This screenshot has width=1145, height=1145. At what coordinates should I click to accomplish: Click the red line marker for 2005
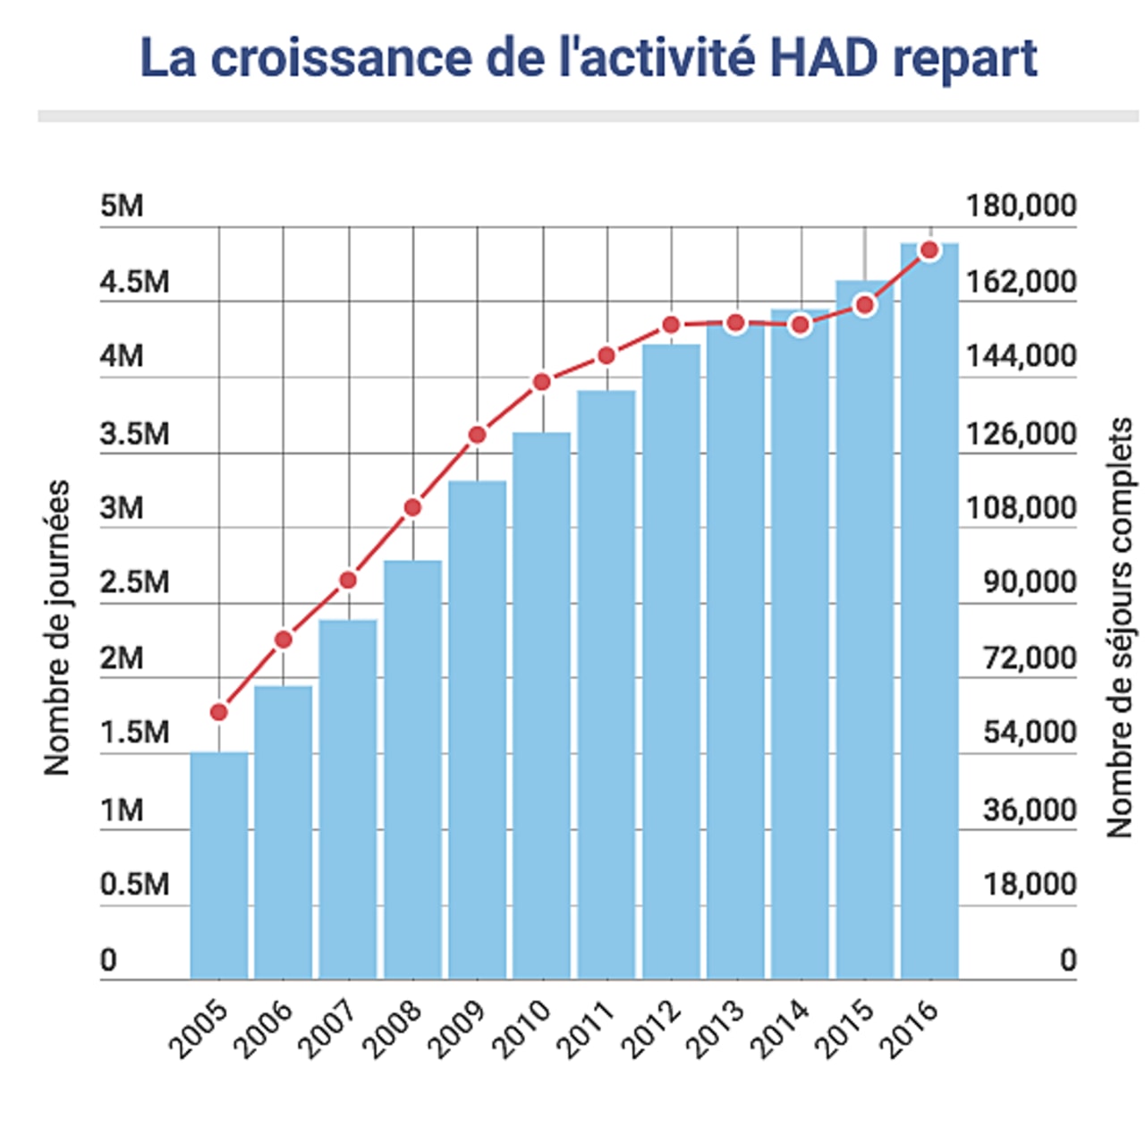click(x=219, y=712)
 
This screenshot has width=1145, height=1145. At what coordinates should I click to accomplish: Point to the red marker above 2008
click(x=412, y=508)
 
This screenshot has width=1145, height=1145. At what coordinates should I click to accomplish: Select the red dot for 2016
click(x=929, y=250)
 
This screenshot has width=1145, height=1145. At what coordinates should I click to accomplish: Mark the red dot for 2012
click(x=671, y=325)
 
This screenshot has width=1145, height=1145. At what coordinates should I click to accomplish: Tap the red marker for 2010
click(x=541, y=382)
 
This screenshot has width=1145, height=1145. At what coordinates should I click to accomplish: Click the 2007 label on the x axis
click(x=329, y=1029)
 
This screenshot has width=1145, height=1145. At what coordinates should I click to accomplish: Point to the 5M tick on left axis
click(x=122, y=206)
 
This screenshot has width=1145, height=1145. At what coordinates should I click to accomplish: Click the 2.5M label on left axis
click(x=134, y=582)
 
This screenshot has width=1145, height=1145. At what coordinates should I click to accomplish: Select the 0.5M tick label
click(x=134, y=884)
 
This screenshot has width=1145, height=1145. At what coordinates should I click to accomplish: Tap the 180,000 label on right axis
click(x=1020, y=206)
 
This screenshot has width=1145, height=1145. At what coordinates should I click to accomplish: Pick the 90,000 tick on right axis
click(x=1030, y=582)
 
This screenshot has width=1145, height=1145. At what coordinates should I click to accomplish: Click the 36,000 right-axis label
click(x=1030, y=810)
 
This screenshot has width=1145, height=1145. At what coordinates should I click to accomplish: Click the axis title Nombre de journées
click(x=56, y=627)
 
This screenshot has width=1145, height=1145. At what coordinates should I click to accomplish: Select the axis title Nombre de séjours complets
click(x=1119, y=627)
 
